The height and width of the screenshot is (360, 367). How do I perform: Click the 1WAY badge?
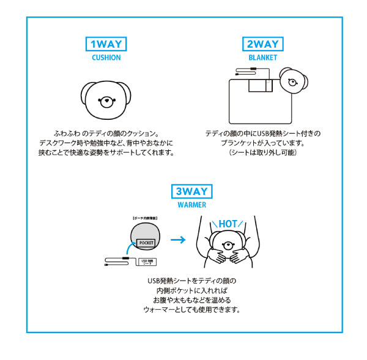[106, 44]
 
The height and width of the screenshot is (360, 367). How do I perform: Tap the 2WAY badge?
[263, 44]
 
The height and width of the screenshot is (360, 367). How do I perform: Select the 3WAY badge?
[192, 191]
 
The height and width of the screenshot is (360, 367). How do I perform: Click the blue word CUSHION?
[106, 58]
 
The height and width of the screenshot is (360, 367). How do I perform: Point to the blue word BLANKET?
[263, 58]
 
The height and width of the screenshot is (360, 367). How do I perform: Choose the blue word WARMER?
[192, 205]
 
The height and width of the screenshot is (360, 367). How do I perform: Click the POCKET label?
[147, 243]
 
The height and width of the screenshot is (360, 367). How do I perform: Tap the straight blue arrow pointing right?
[178, 240]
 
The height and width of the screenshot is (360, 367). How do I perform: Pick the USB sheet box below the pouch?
[147, 262]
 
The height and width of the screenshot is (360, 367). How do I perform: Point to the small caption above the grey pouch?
[147, 217]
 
